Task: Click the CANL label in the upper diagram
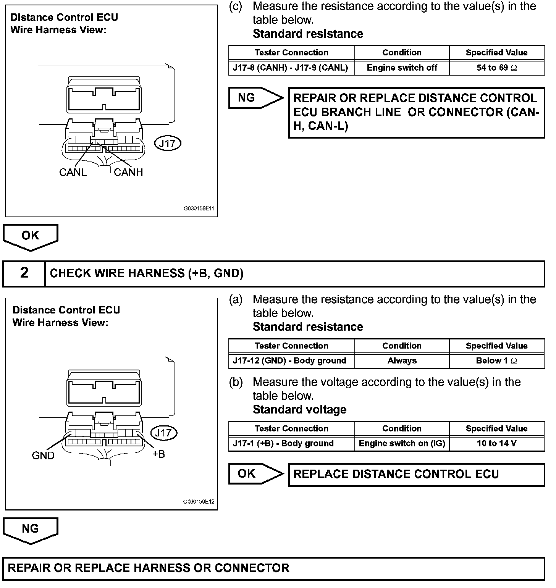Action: [73, 173]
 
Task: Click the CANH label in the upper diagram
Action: [128, 173]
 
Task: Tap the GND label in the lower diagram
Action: [43, 456]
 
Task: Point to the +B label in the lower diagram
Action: [158, 454]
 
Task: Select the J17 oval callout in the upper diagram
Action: [167, 144]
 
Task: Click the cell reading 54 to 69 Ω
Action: [496, 68]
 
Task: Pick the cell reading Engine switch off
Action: [402, 68]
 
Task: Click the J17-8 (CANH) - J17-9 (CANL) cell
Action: [291, 68]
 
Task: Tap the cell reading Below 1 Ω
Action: [496, 361]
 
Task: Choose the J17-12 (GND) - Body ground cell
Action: [291, 361]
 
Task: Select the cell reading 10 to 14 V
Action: [496, 444]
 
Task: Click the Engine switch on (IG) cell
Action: [402, 444]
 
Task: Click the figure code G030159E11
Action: [199, 209]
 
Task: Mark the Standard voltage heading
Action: [299, 410]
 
